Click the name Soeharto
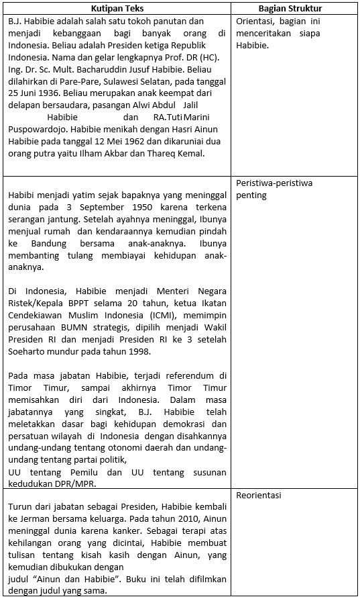29,351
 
